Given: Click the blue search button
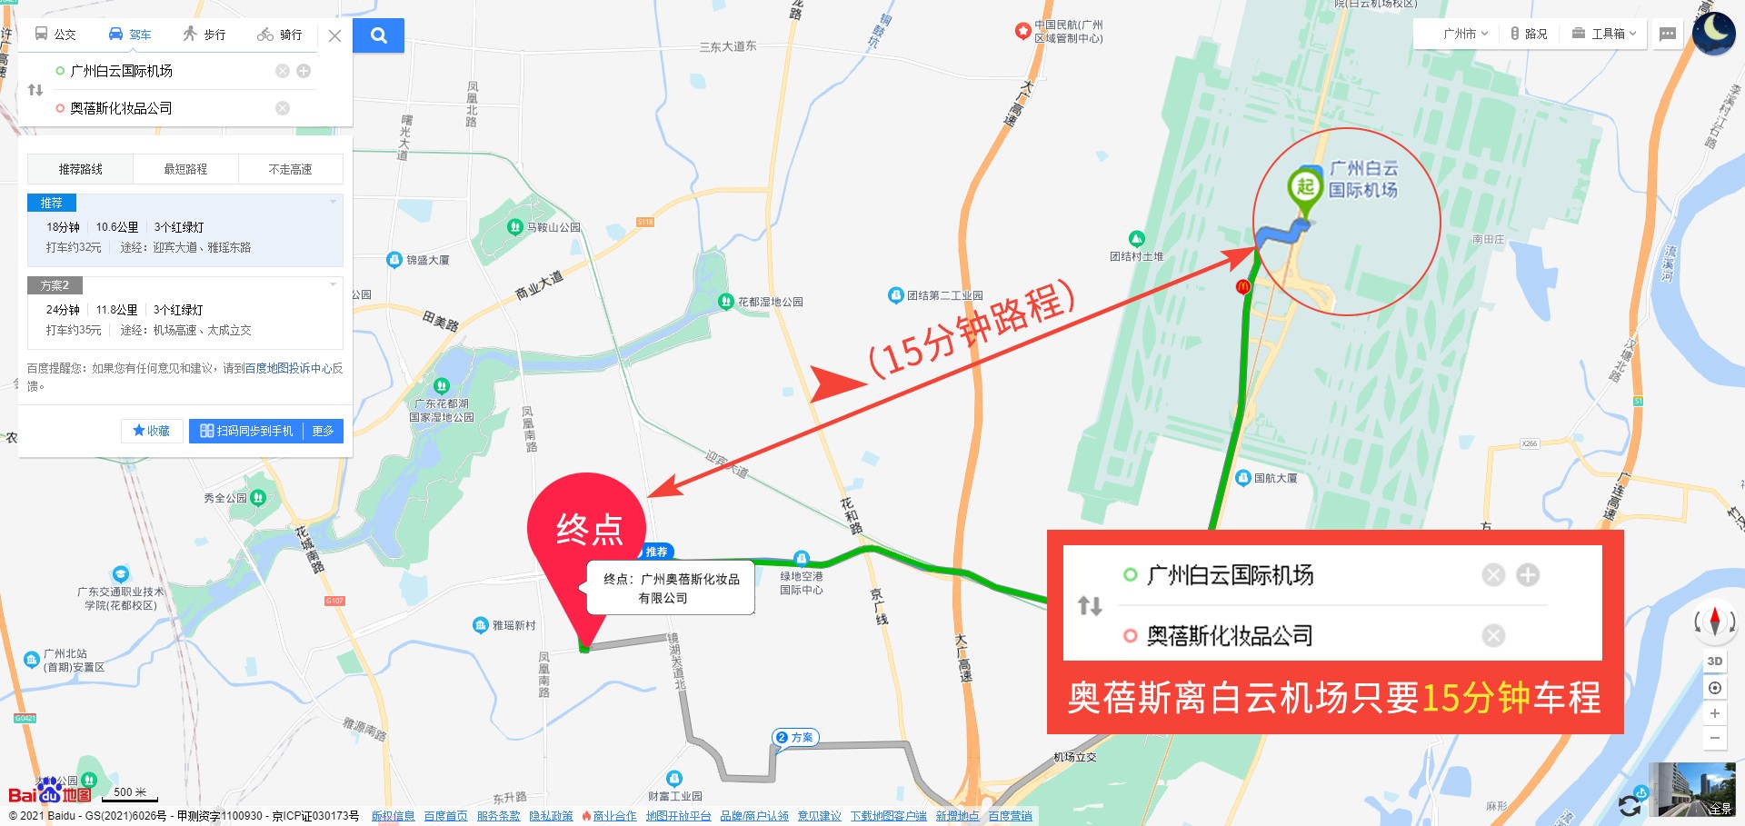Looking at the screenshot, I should click(378, 35).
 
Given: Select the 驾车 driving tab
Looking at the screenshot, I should click(130, 35).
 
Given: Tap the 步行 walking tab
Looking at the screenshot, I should click(204, 35).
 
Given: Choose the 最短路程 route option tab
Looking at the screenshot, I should click(185, 169).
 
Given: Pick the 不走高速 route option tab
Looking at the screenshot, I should click(290, 169).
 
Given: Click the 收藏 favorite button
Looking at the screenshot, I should click(152, 431).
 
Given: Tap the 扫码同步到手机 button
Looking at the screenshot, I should click(247, 431).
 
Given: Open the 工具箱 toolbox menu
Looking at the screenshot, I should click(1604, 34).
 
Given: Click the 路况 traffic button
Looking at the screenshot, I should click(1529, 34).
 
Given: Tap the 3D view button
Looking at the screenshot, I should click(1714, 662).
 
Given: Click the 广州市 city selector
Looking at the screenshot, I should click(1464, 34).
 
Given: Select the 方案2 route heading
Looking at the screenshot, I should click(55, 285).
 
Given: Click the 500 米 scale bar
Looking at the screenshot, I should click(130, 793).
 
